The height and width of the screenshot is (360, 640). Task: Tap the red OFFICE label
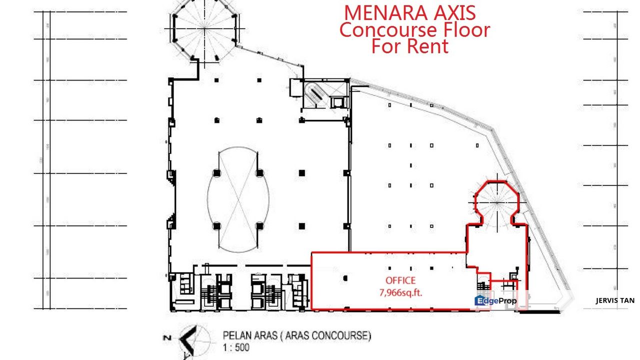[x=400, y=281]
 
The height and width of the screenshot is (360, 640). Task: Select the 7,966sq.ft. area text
[x=400, y=292]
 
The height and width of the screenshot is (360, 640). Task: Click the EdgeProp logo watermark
[x=495, y=300]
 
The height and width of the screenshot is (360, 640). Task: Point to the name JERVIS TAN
[x=615, y=300]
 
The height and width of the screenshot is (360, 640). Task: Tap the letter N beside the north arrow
[x=166, y=339]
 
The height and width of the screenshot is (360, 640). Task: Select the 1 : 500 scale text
[x=235, y=347]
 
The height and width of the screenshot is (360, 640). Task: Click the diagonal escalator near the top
[x=315, y=93]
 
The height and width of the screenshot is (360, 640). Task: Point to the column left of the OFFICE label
[x=345, y=278]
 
